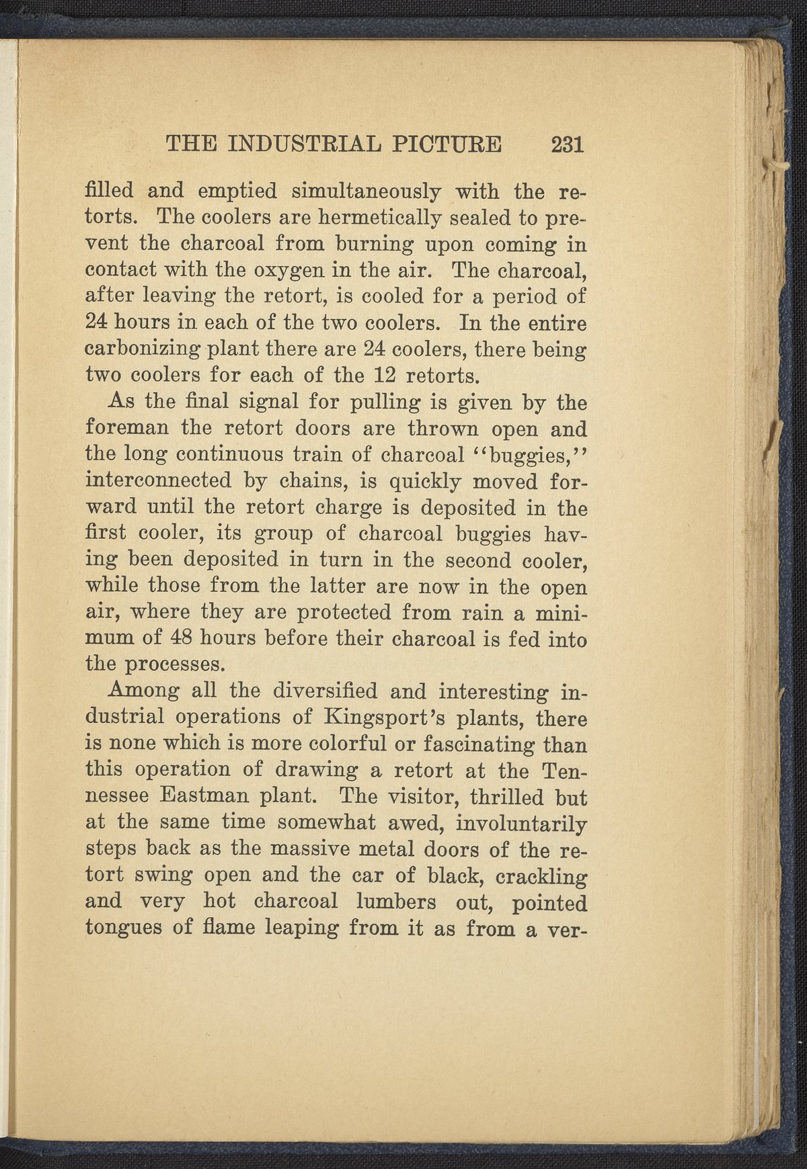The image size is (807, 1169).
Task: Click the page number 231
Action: click(567, 145)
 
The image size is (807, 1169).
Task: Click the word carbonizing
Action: click(143, 350)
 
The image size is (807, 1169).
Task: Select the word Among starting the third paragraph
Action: click(143, 691)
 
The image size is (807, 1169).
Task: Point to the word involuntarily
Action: click(523, 823)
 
